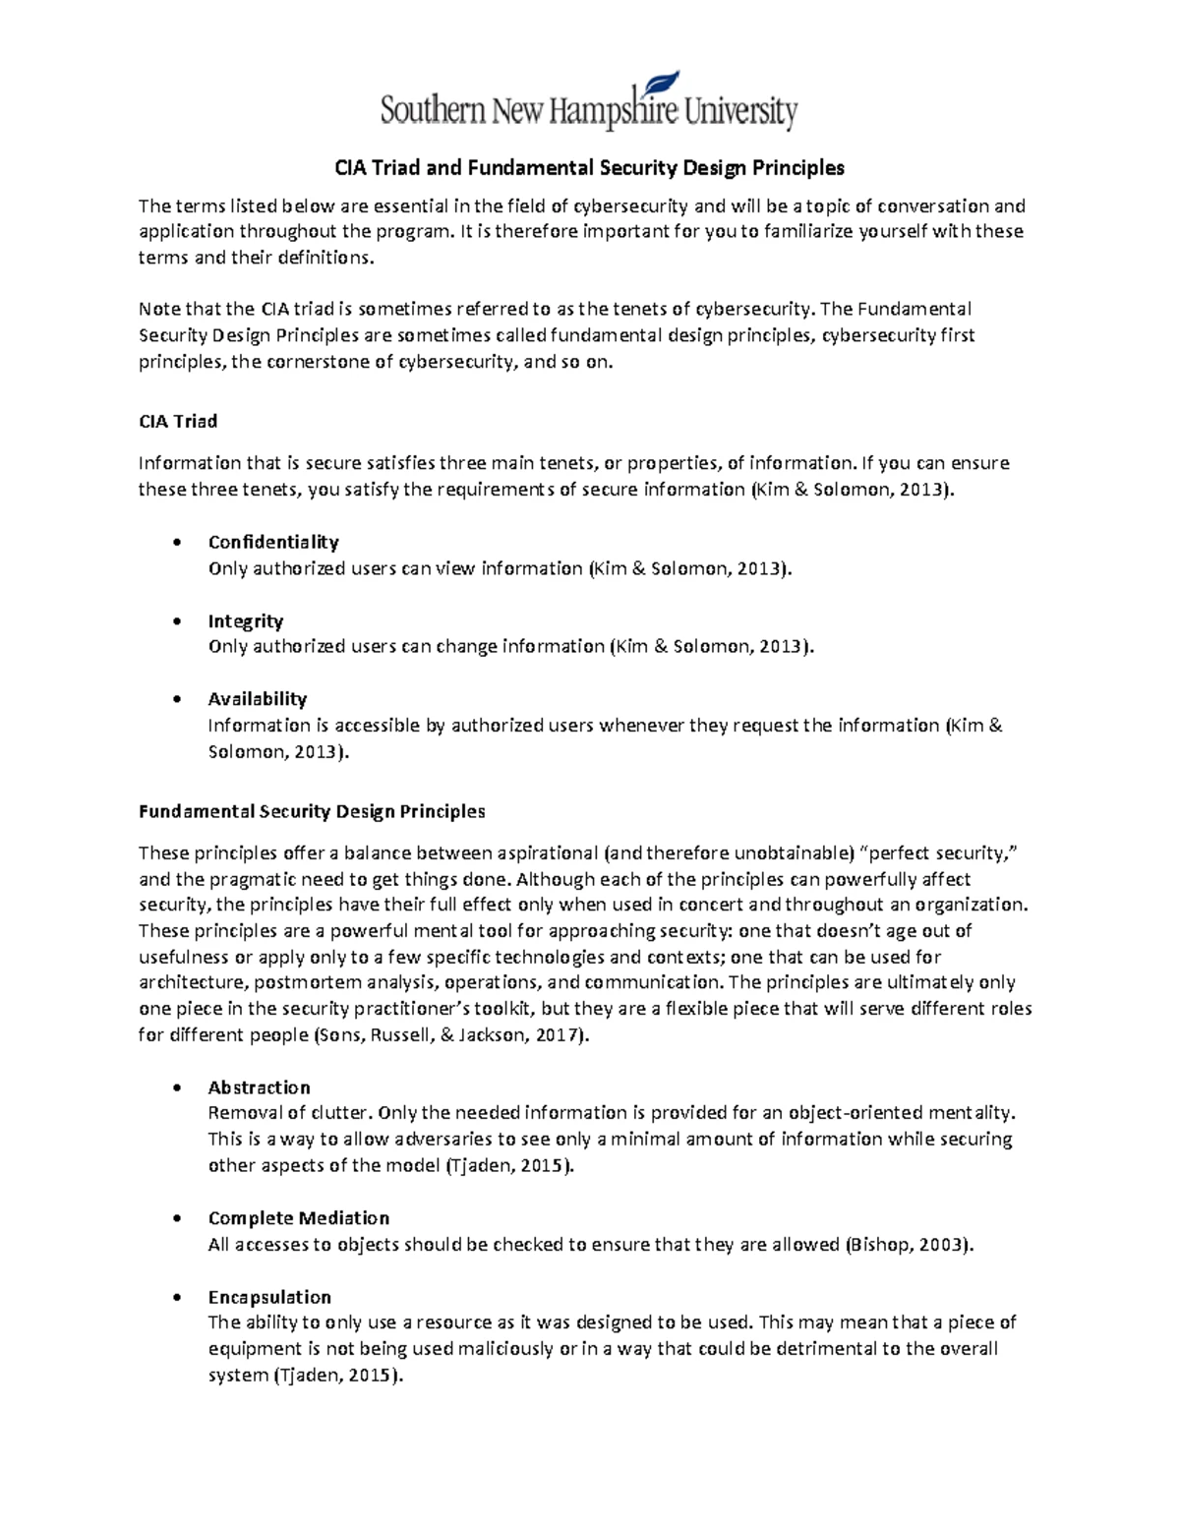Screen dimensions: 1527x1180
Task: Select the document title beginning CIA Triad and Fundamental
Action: (x=589, y=168)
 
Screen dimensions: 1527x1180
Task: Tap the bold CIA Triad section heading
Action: (x=178, y=422)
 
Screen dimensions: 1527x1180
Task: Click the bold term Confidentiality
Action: (x=273, y=543)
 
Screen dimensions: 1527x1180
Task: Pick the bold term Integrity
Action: (x=246, y=621)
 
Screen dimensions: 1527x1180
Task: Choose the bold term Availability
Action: (x=258, y=699)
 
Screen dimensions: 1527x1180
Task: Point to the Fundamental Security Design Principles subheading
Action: (x=312, y=812)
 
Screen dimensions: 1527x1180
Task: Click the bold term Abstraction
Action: (x=259, y=1087)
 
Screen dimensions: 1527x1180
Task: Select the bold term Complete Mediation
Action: (x=299, y=1218)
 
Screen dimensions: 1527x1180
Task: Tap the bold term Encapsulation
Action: (x=269, y=1297)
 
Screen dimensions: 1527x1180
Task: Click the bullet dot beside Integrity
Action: (x=176, y=621)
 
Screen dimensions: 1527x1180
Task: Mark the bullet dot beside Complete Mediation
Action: (x=176, y=1218)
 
